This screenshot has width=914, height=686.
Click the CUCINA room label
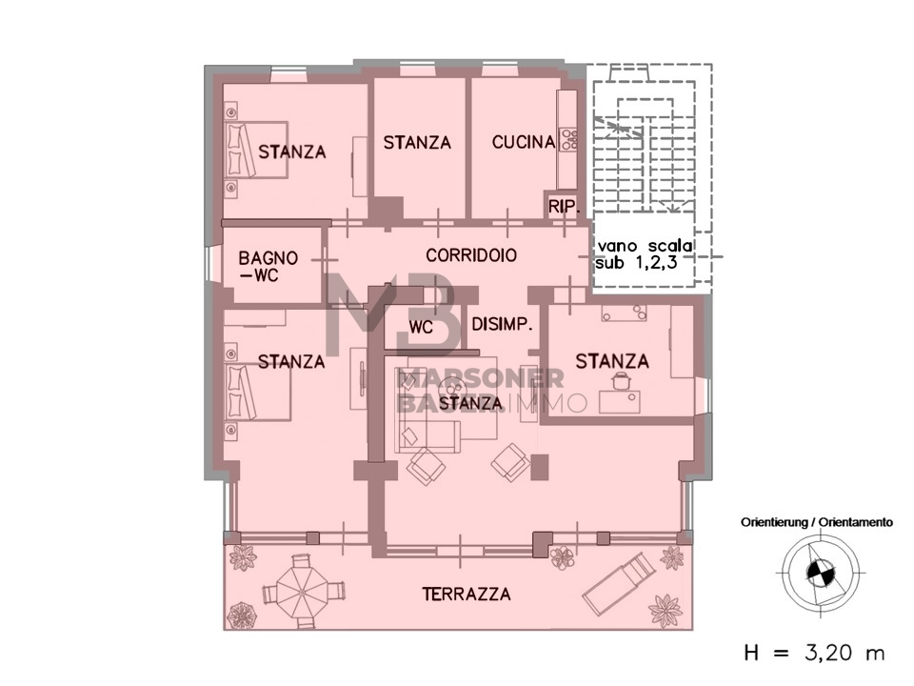click(x=524, y=142)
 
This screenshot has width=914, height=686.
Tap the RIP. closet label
click(x=565, y=207)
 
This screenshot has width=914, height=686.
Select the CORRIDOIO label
click(x=471, y=255)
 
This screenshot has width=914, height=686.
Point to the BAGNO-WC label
click(x=268, y=266)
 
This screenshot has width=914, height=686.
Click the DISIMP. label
click(x=502, y=324)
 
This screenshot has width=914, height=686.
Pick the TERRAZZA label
click(x=467, y=595)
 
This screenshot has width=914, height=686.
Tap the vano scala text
click(x=645, y=246)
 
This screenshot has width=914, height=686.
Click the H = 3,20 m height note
click(x=814, y=653)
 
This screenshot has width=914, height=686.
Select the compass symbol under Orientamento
click(x=820, y=573)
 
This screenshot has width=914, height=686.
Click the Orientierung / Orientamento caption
click(x=817, y=522)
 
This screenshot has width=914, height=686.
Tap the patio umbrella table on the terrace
click(x=303, y=592)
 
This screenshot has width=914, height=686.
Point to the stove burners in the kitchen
click(x=568, y=140)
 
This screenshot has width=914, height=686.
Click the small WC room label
click(x=421, y=327)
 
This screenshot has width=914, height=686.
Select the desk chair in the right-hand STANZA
click(x=620, y=381)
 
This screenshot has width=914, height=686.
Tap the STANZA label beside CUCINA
click(x=417, y=142)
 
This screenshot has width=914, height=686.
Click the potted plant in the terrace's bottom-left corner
click(x=241, y=615)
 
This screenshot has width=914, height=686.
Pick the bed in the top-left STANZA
click(x=256, y=150)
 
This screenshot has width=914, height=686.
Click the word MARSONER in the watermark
click(x=480, y=378)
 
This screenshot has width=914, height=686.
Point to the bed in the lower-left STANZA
click(x=258, y=392)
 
